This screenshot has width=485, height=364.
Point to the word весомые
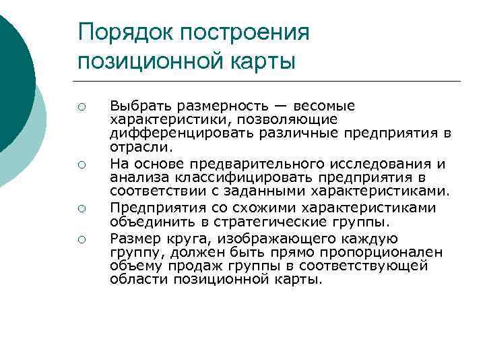pyautogui.click(x=322, y=107)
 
